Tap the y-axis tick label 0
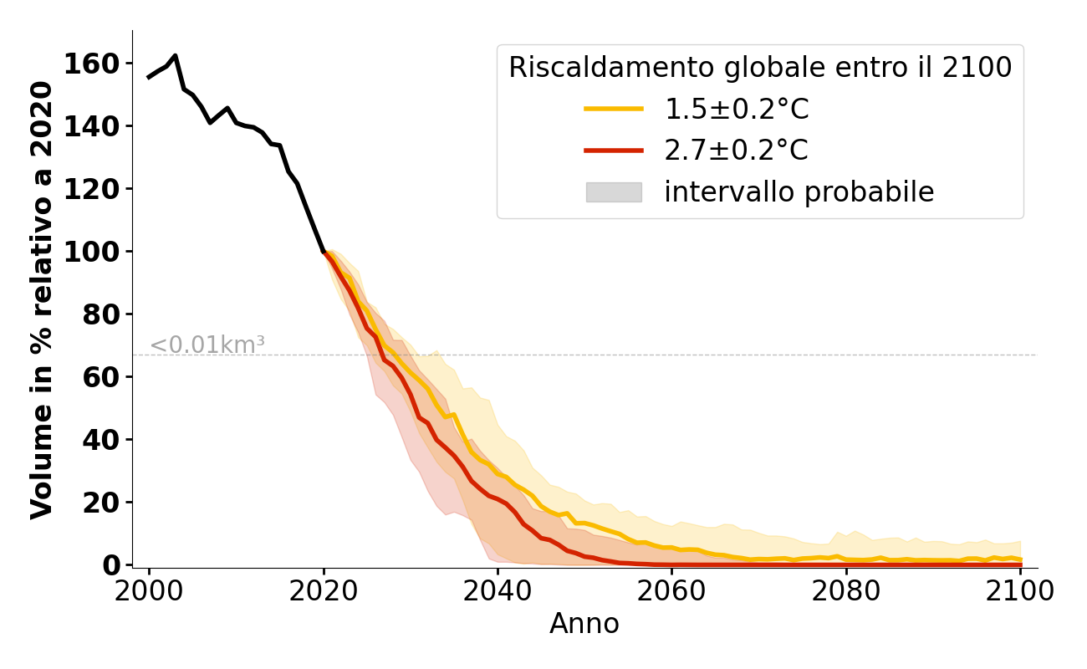click(x=113, y=565)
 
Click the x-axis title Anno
click(x=584, y=624)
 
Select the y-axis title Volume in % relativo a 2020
click(x=43, y=299)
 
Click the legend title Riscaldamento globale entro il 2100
click(x=760, y=68)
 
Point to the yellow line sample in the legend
click(x=614, y=109)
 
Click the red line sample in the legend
click(x=614, y=151)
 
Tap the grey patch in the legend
click(x=614, y=192)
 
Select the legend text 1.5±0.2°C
click(x=737, y=109)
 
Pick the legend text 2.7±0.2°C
click(x=737, y=151)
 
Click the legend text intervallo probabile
click(x=799, y=192)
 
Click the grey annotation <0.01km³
click(x=207, y=345)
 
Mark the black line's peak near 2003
click(x=175, y=56)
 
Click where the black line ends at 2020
click(x=324, y=251)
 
